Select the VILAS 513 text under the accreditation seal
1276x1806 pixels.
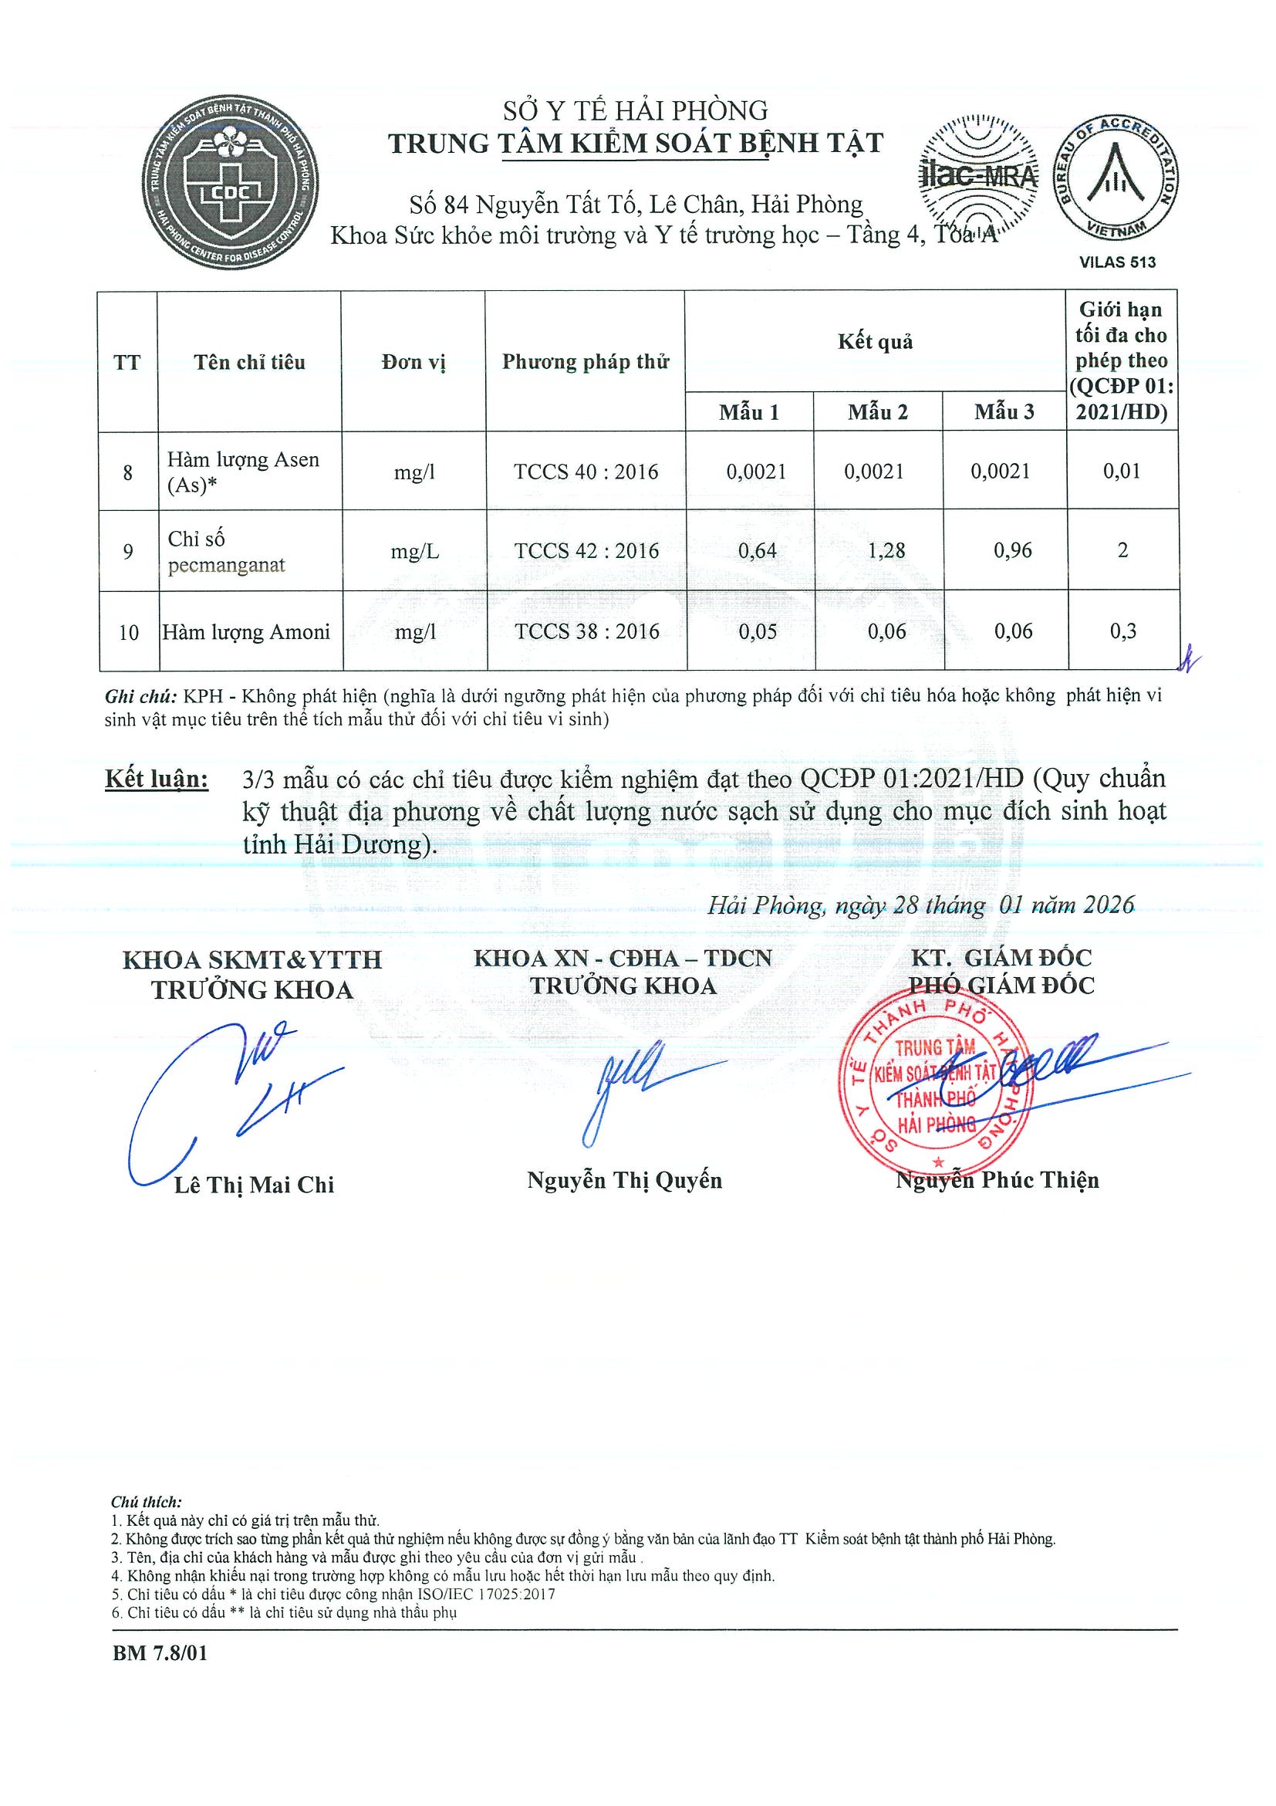coord(1117,262)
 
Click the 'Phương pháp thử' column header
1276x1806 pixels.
coord(585,362)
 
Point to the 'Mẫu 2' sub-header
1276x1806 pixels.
coord(877,412)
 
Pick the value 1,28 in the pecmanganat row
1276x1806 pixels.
coord(886,550)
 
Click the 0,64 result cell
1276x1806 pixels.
coord(756,550)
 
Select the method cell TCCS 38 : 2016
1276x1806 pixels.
coord(586,631)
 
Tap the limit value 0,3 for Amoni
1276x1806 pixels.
coord(1122,631)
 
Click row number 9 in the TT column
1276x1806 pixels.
coord(128,551)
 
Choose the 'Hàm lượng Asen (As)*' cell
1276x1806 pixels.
coord(243,472)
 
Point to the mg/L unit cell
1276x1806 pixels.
coord(414,551)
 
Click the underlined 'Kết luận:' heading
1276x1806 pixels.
coord(157,779)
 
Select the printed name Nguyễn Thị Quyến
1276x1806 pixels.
coord(624,1180)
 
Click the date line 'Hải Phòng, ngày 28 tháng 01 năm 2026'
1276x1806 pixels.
coord(920,905)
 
